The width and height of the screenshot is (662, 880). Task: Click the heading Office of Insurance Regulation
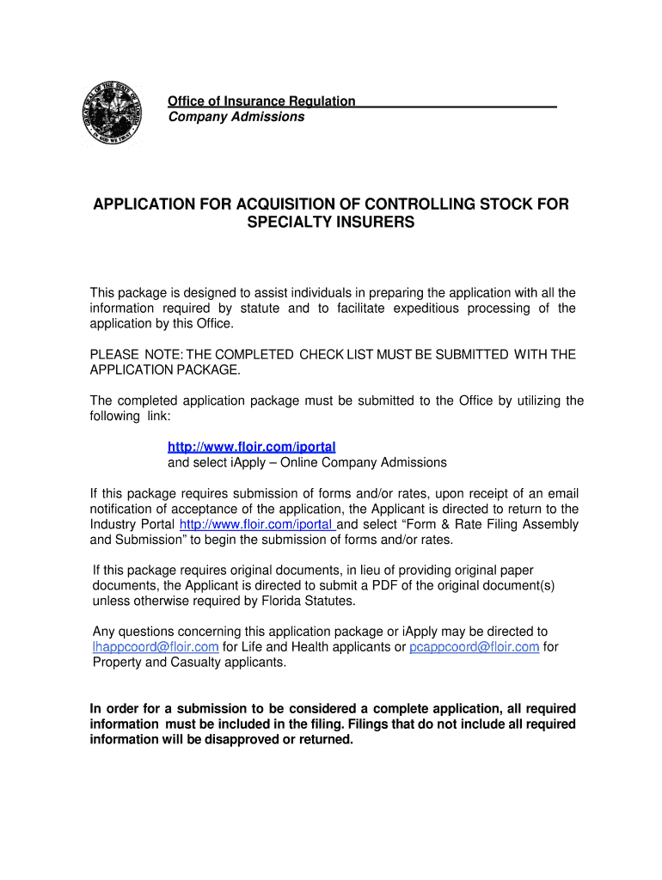click(x=261, y=101)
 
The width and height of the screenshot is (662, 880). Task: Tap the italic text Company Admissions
click(x=236, y=117)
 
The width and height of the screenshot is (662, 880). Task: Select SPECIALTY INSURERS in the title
click(x=331, y=223)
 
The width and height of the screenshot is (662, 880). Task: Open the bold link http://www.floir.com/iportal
click(x=251, y=447)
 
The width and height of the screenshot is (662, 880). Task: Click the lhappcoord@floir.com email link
click(x=156, y=647)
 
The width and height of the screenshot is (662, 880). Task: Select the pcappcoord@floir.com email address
click(x=475, y=647)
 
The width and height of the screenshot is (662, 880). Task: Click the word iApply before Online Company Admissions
click(x=230, y=462)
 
